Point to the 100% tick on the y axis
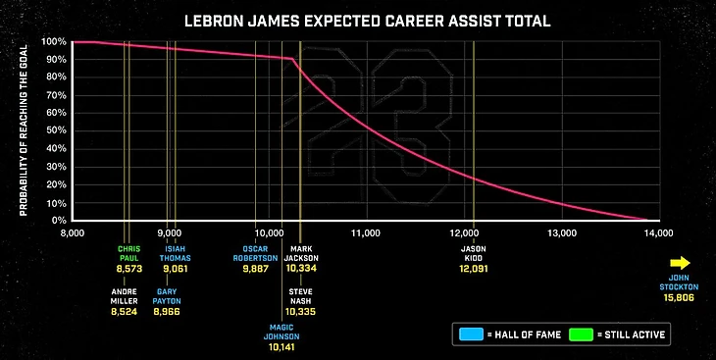(54, 42)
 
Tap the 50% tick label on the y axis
(56, 131)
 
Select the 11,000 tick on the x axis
(366, 233)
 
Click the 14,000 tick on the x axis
(658, 233)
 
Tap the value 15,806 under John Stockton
(680, 295)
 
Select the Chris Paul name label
(129, 254)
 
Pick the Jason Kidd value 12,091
(474, 267)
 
